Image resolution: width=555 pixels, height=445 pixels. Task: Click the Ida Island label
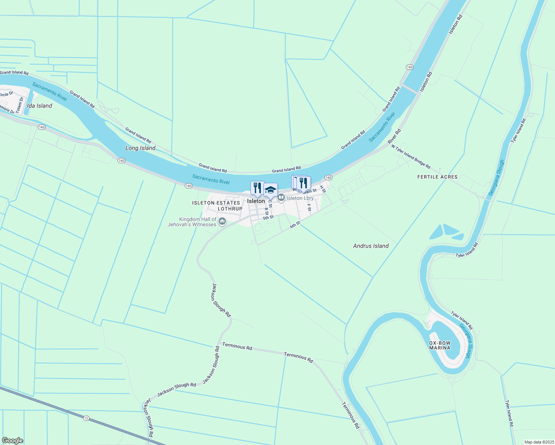pos(39,106)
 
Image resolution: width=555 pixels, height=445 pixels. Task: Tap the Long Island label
pos(140,148)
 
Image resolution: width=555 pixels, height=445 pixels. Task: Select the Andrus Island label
pos(371,246)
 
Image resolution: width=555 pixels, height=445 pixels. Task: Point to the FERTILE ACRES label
pos(437,177)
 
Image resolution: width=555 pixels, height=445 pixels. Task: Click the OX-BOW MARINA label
pos(440,345)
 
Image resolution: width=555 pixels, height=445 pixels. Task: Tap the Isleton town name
pos(256,201)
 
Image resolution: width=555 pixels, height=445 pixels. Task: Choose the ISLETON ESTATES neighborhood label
pos(216,203)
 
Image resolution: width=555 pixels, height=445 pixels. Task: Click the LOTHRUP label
pos(230,209)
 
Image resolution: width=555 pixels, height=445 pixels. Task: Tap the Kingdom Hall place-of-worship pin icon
pos(222,222)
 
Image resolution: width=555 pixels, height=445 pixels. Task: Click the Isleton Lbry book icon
pos(281,198)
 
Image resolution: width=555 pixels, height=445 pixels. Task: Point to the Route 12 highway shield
pos(86,418)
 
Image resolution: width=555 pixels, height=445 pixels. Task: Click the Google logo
pos(12,441)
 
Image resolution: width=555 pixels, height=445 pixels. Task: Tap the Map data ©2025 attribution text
pos(538,442)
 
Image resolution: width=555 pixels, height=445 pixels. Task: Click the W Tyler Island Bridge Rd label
pos(411,156)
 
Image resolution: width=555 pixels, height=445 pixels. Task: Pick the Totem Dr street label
pos(20,105)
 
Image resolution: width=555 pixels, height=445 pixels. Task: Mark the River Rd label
pos(394,136)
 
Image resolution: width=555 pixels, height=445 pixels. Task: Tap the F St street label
pos(309,207)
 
